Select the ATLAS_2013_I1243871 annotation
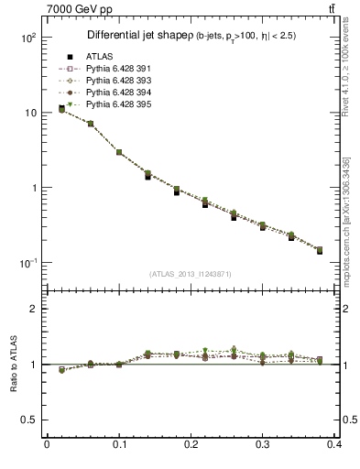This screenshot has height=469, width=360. click(191, 274)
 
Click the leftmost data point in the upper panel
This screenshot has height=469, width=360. click(61, 109)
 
